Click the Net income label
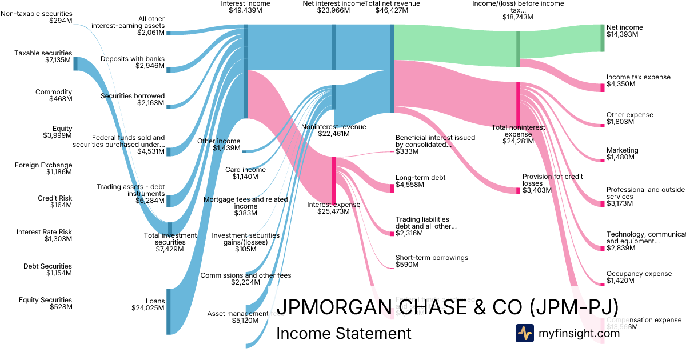624,27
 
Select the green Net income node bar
602,38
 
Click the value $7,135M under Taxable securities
59,60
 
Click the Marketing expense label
622,150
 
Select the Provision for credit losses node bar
519,190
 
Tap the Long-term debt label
420,178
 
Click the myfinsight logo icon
524,333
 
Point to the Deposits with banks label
132,59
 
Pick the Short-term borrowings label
432,258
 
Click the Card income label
245,170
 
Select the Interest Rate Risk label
44,232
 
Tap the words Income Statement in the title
343,334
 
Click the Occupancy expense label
639,274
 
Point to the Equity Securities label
45,300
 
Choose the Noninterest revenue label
342,127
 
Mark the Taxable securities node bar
75,63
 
